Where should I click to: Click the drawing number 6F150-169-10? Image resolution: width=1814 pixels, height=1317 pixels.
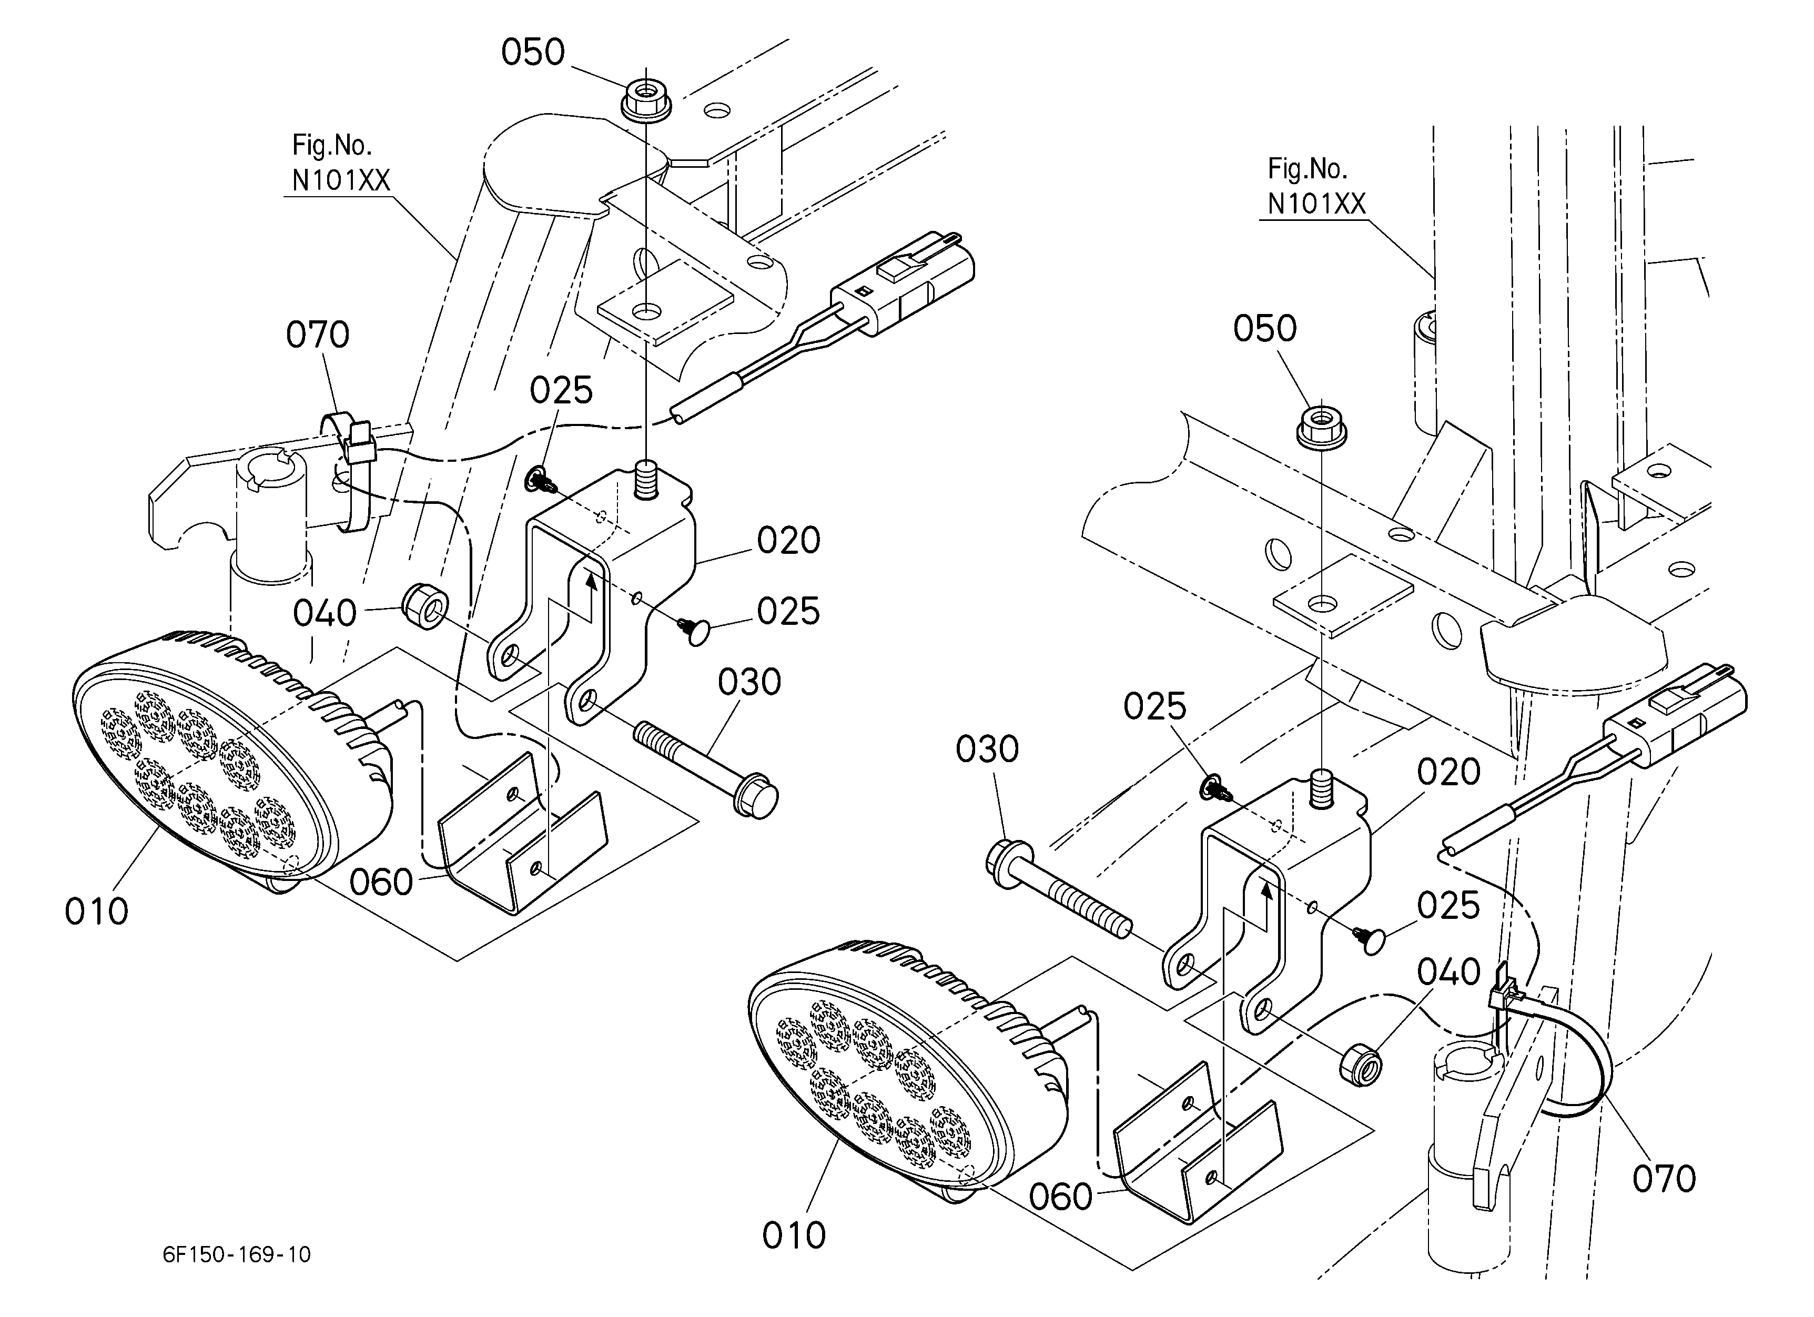click(237, 1254)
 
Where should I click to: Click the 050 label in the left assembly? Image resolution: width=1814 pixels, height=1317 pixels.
click(533, 53)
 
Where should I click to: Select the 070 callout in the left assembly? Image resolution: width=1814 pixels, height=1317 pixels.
click(318, 335)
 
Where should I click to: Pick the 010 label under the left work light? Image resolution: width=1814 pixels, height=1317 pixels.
click(96, 911)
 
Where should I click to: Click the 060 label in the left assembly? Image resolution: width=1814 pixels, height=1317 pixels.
click(381, 883)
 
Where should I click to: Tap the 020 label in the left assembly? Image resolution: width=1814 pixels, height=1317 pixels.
click(788, 541)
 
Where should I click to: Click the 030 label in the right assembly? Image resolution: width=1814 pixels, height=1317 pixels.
click(987, 750)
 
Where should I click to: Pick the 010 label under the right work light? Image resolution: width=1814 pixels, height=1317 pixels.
click(794, 1236)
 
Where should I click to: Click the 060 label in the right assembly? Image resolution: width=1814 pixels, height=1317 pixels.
click(1060, 1197)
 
